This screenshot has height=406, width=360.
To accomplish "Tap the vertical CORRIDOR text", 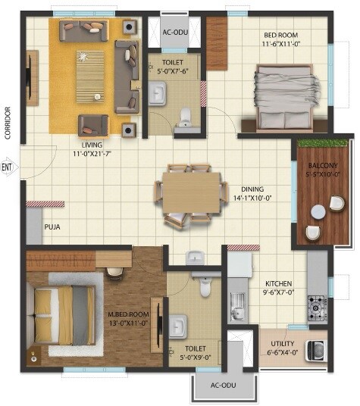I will [x=7, y=123].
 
